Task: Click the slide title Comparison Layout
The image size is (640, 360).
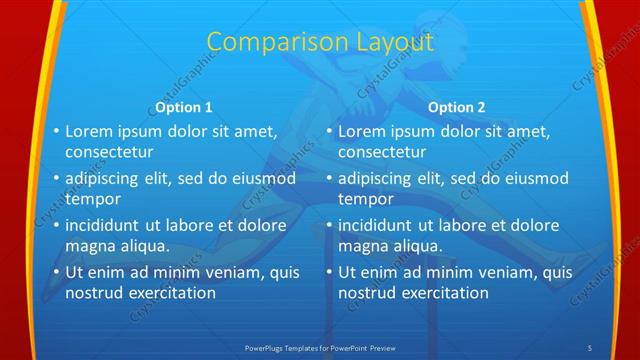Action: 320,42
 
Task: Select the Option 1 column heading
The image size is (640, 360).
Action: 184,107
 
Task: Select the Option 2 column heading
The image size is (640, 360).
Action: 456,107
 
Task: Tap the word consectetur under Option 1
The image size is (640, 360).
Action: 109,153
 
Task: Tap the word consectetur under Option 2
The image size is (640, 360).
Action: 382,153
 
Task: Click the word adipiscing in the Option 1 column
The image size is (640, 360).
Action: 108,179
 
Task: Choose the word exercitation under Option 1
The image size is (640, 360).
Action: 169,293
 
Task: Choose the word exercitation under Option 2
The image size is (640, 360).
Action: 442,293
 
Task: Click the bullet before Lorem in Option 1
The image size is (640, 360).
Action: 56,131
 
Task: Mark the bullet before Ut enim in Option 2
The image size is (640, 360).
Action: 329,272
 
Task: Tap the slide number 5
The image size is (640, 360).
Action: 590,347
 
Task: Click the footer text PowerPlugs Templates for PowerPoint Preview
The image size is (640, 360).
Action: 320,347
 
